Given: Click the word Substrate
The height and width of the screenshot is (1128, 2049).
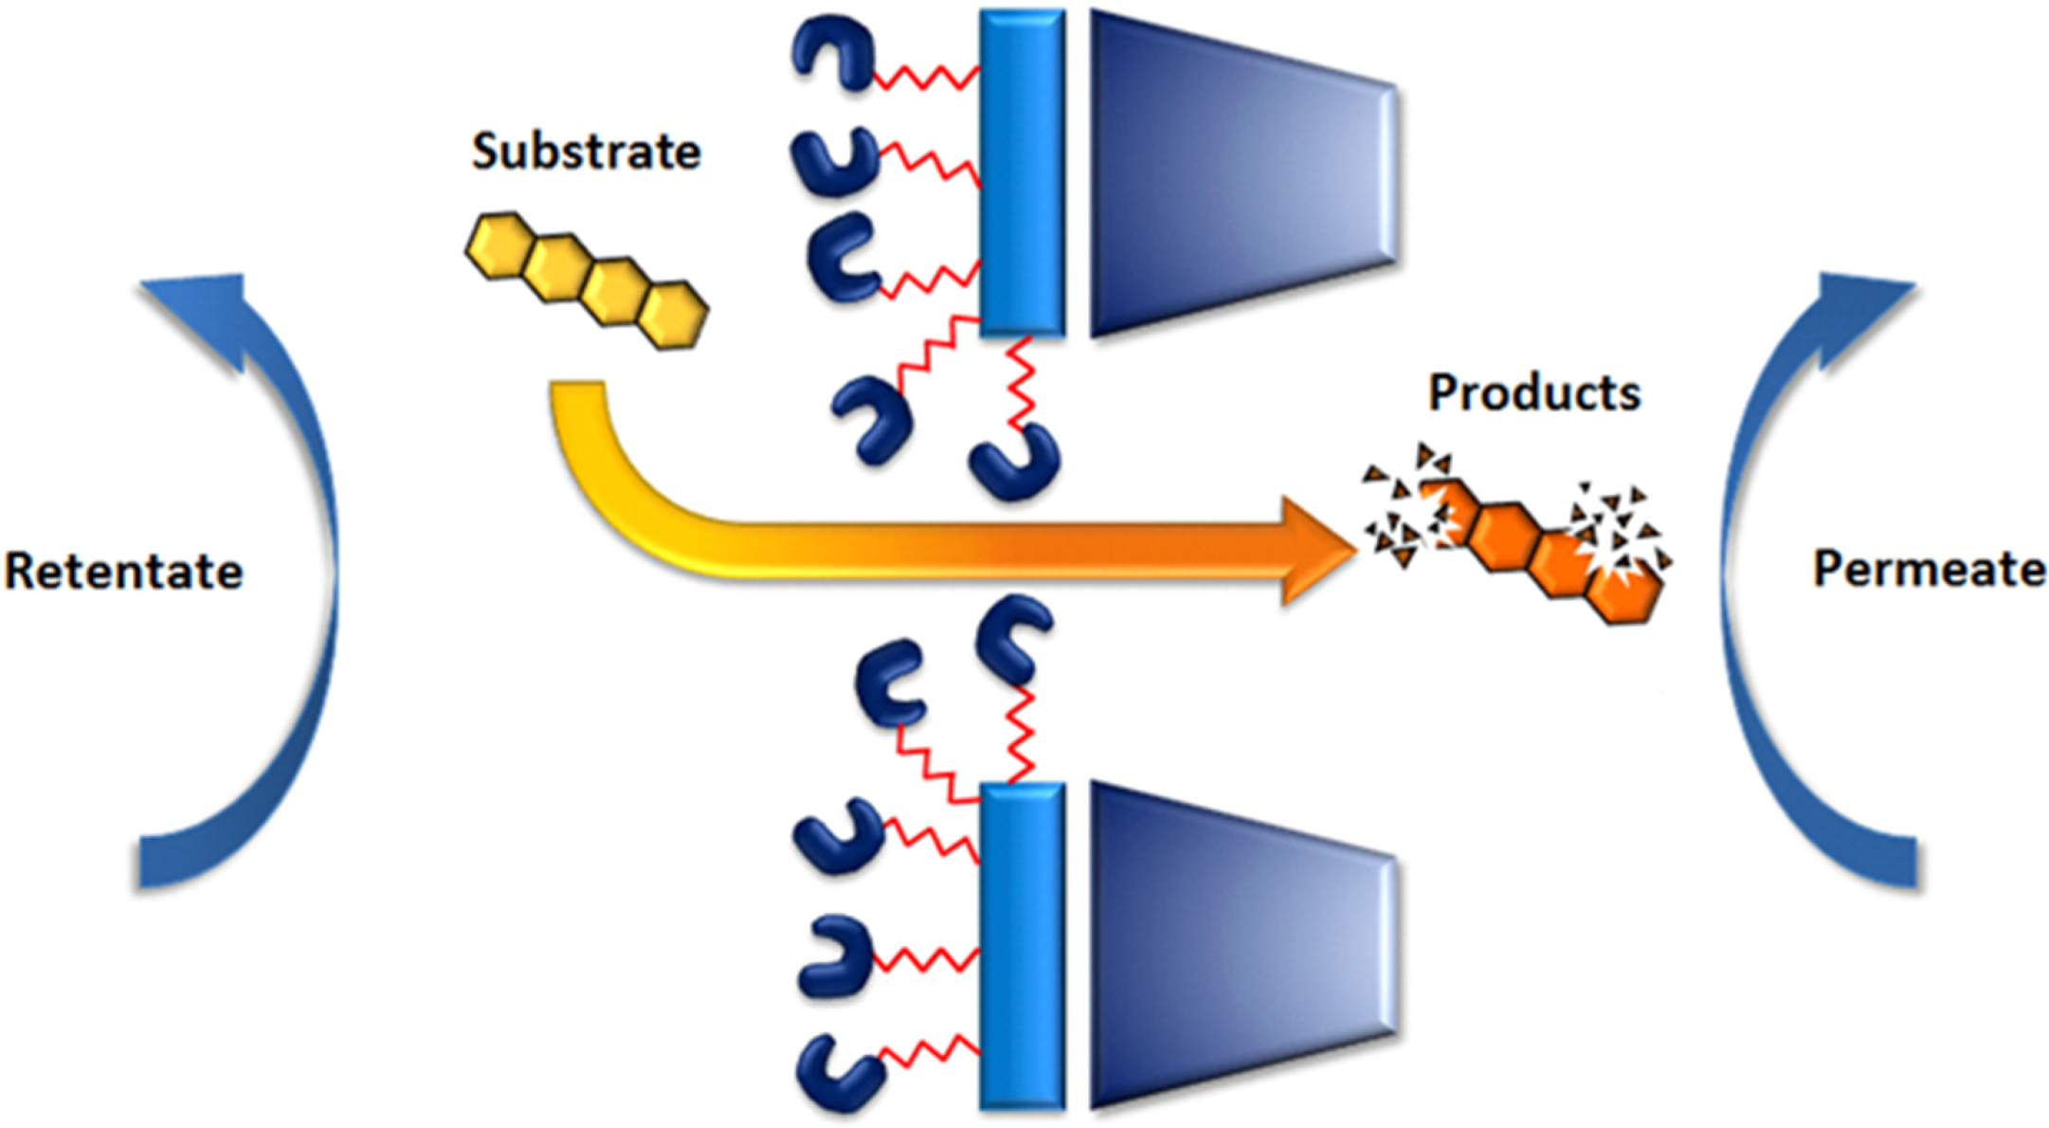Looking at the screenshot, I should (x=586, y=152).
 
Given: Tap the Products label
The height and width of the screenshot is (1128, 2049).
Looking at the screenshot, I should (x=1533, y=392).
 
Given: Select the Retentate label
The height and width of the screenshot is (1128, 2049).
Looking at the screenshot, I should (x=123, y=571).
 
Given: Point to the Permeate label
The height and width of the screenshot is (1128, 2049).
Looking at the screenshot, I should (x=1929, y=569).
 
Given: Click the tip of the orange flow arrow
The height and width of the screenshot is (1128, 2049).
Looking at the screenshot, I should (x=1346, y=550).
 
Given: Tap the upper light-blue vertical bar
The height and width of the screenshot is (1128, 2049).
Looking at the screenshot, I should (x=1022, y=173).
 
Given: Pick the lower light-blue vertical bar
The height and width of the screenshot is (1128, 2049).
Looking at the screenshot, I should (x=1022, y=946).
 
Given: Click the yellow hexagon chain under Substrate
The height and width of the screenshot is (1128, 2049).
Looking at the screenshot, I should (x=586, y=281).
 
